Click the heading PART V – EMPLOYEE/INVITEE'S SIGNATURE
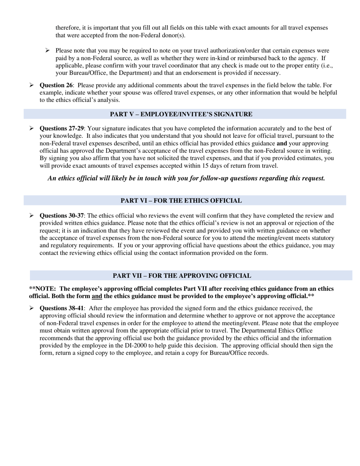coord(181,114)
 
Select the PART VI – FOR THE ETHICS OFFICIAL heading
coord(181,201)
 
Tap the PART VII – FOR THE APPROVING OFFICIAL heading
coord(182,276)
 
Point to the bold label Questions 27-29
coord(62,128)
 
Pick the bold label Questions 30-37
coord(62,216)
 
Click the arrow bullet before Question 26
coord(32,86)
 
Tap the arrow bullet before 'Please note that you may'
coord(48,50)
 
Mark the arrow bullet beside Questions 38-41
coord(32,308)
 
